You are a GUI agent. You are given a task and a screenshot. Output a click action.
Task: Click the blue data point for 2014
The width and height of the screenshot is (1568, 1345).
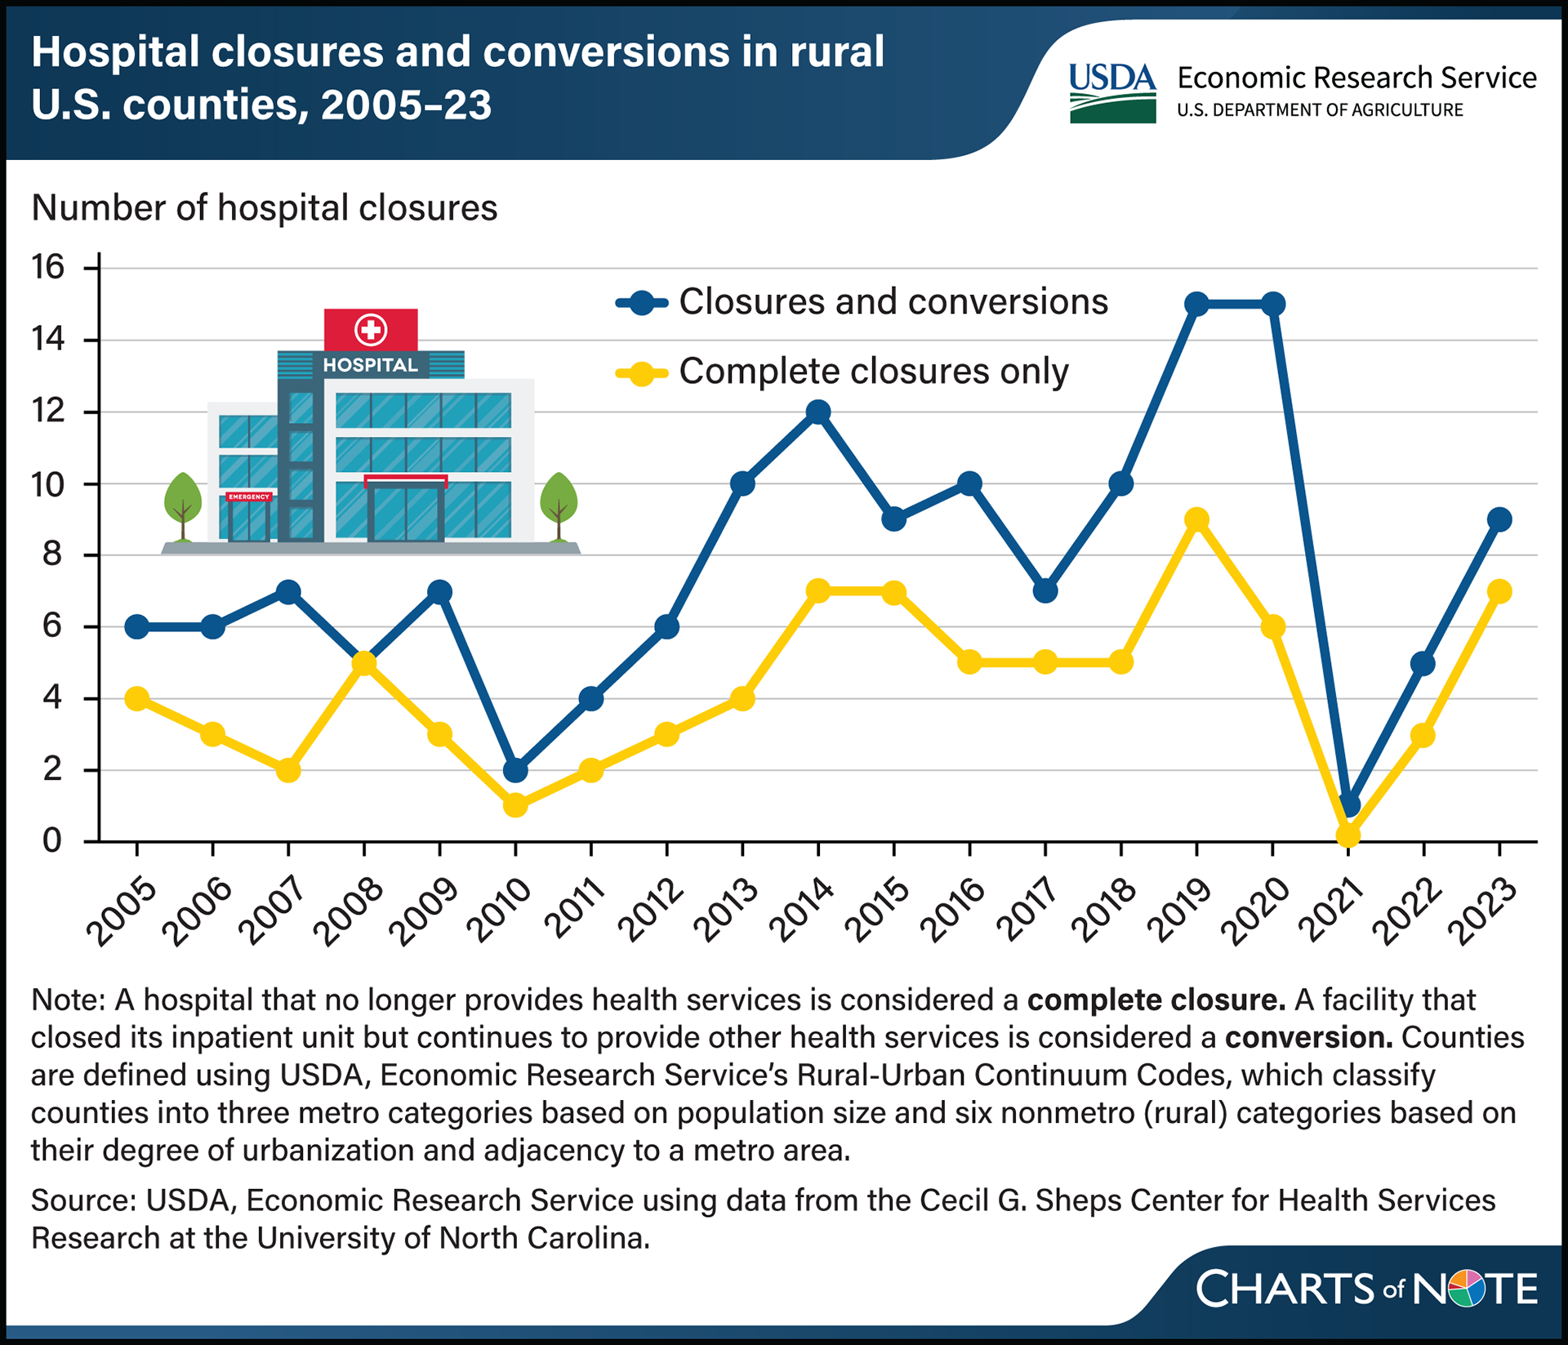(x=818, y=412)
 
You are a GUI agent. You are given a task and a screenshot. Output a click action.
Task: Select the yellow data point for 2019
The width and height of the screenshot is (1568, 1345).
(x=1196, y=519)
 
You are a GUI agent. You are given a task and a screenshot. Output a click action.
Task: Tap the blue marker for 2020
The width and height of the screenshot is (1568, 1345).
(x=1272, y=305)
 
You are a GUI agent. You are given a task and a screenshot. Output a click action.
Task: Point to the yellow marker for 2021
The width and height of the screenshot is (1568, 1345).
(x=1347, y=835)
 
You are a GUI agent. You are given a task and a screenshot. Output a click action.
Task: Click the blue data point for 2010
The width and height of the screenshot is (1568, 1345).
(x=515, y=770)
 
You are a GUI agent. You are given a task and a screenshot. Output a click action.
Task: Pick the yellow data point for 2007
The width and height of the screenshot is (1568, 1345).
(x=288, y=770)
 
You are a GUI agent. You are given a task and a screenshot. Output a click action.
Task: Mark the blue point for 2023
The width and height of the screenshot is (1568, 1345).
(x=1499, y=519)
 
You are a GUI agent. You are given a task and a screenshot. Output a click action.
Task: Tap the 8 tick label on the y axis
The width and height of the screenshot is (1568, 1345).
(x=52, y=555)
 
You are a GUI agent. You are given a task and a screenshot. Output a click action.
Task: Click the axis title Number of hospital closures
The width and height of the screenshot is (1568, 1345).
(x=264, y=208)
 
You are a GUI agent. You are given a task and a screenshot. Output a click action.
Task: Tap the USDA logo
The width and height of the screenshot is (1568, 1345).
(x=1112, y=93)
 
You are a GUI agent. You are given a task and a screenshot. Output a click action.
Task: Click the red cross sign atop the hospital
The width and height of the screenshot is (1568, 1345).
(x=371, y=330)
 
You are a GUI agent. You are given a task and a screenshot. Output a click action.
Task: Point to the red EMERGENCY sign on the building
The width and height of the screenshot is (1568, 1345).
(x=249, y=497)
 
